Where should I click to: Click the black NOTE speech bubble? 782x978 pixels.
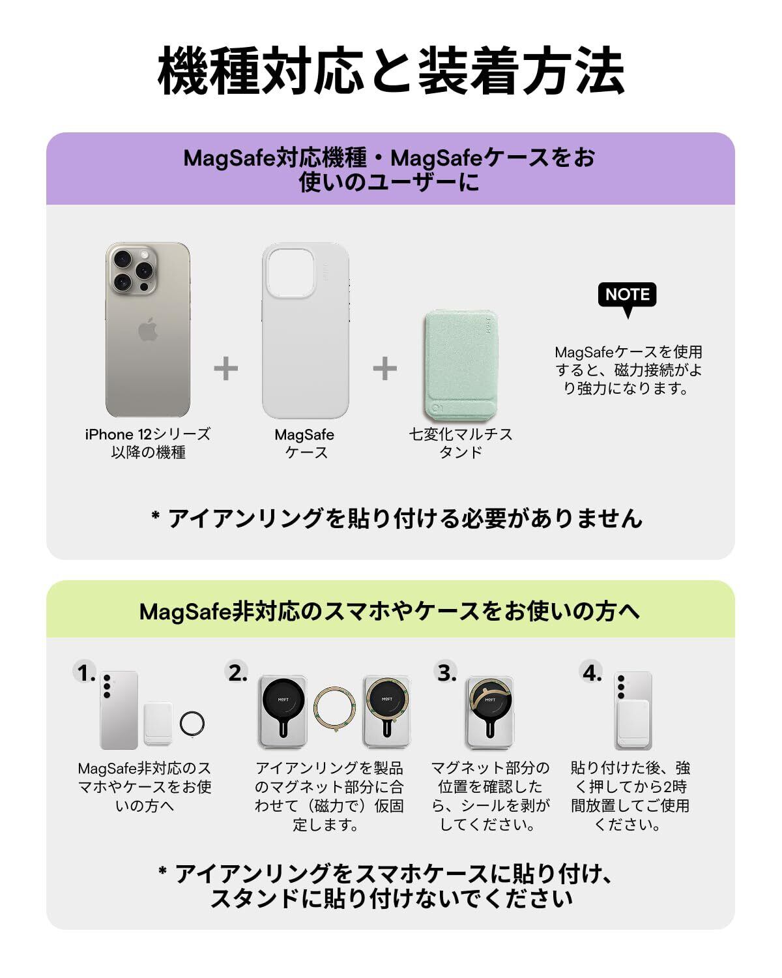click(x=627, y=295)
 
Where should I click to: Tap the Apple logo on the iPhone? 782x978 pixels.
click(x=148, y=330)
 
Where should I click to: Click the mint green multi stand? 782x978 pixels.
click(x=458, y=365)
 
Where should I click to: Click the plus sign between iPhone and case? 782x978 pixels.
click(x=225, y=369)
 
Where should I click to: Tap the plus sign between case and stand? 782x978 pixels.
click(x=384, y=369)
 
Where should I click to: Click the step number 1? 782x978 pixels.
click(x=85, y=672)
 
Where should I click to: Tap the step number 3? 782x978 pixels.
click(x=446, y=672)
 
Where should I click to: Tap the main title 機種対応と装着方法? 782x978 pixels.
click(x=391, y=70)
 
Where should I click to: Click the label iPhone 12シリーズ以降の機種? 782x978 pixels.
click(x=148, y=443)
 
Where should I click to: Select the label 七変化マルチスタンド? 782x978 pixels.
click(x=460, y=443)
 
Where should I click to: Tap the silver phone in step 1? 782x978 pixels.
click(x=119, y=710)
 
